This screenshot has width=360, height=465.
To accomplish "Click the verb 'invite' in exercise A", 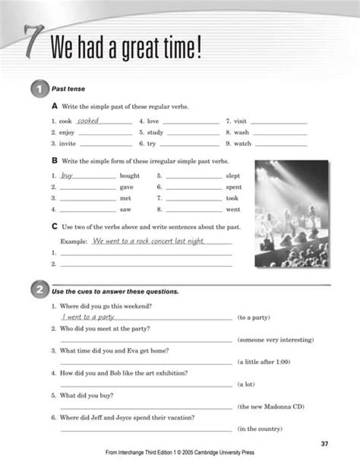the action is coord(65,143).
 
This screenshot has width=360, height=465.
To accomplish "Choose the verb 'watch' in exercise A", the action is coord(242,143).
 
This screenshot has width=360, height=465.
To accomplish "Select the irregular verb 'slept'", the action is coord(233,176).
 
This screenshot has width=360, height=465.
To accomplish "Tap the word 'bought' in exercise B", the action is coord(129,176).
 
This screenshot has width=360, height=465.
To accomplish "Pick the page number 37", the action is coord(324,443).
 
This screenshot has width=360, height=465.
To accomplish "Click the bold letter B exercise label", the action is coord(54,160).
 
